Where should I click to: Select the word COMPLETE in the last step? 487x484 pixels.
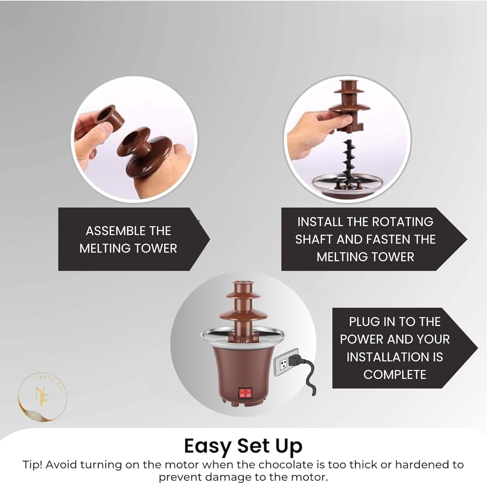394,375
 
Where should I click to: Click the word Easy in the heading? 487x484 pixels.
207,446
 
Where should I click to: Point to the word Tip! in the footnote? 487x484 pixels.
32,465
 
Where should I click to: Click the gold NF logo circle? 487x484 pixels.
42,397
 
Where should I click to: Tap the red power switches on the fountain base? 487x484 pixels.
245,393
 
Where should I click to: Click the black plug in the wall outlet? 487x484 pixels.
296,360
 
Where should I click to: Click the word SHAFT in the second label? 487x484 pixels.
314,239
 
